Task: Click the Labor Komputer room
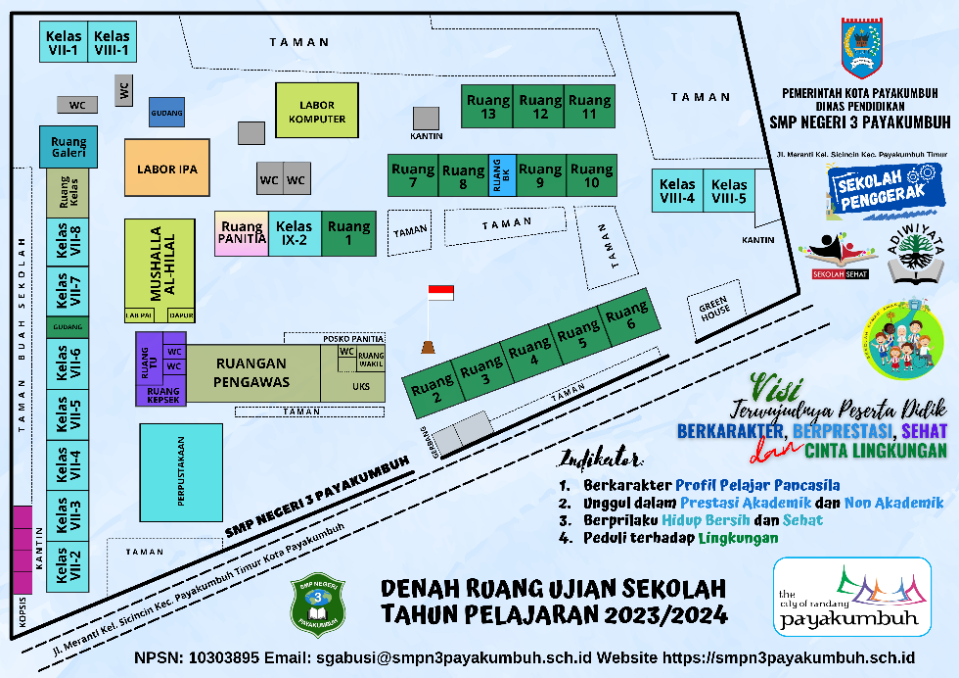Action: coord(317,111)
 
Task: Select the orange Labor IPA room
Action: coord(166,169)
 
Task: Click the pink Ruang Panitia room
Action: coord(242,233)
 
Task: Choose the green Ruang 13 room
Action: coord(487,107)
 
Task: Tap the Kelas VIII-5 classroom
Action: coord(729,190)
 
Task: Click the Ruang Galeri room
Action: coord(68,147)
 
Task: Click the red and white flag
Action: coord(441,293)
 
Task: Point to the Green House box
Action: coord(714,309)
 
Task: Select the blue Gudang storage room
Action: coord(166,113)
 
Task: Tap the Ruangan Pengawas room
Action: coord(252,372)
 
